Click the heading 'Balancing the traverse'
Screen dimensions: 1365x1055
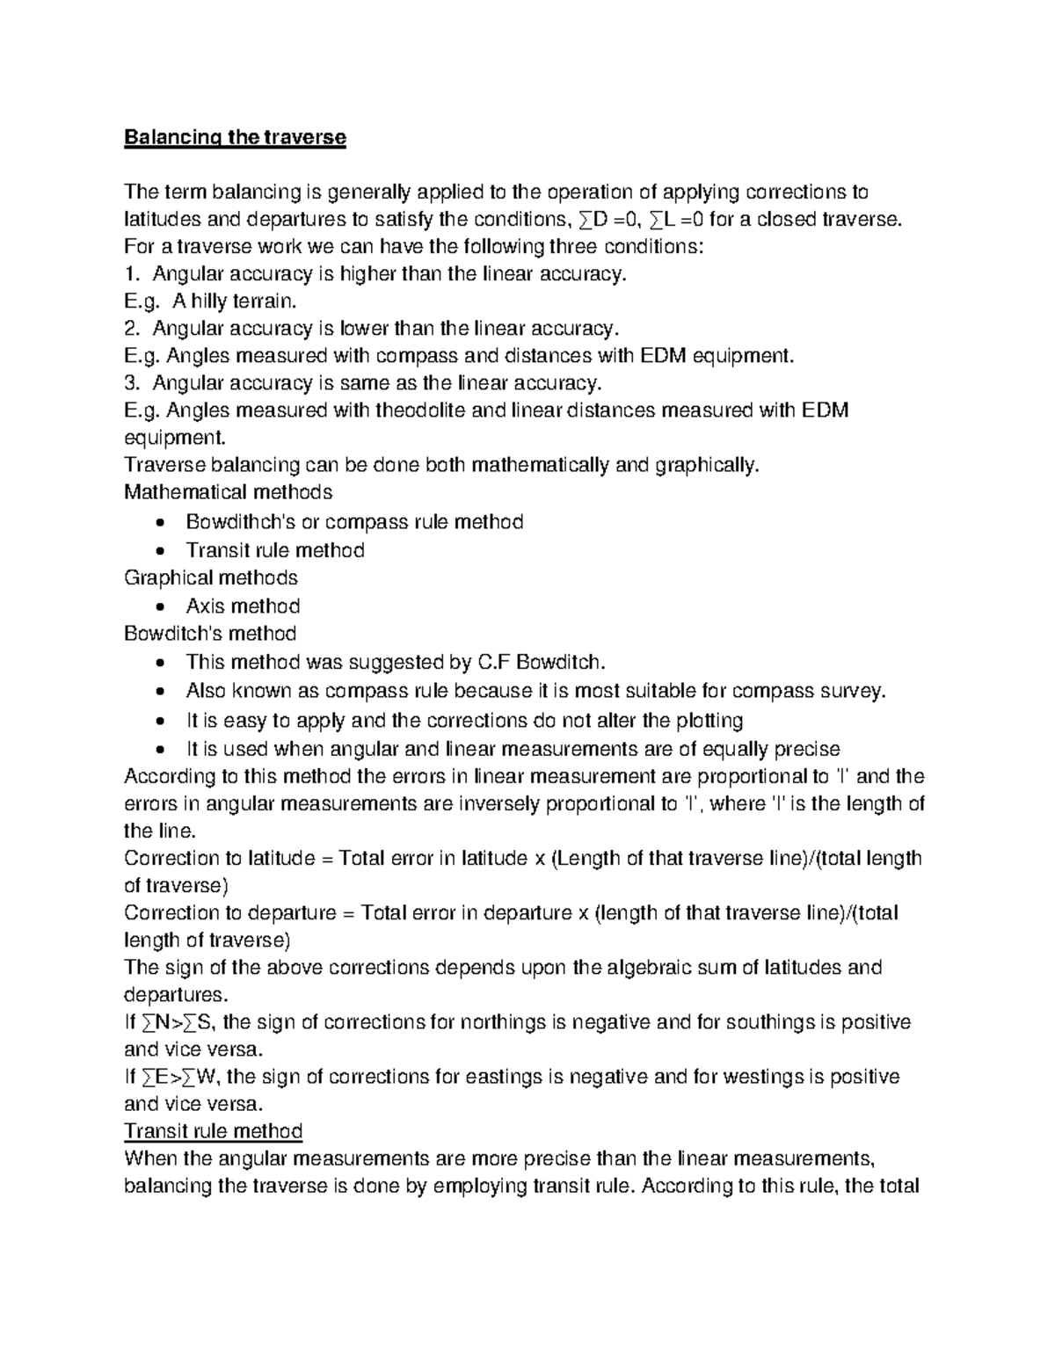coord(235,138)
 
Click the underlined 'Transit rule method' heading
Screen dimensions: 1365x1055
coord(214,1131)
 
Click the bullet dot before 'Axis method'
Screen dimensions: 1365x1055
coord(158,607)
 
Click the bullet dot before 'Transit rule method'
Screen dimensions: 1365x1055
coord(158,551)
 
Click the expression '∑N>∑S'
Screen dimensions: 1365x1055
coord(179,1022)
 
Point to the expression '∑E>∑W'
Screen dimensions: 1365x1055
coord(180,1077)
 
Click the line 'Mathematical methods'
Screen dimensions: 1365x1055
coord(229,492)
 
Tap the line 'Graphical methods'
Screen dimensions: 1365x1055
coord(211,577)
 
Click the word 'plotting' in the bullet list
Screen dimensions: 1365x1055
coord(709,721)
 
